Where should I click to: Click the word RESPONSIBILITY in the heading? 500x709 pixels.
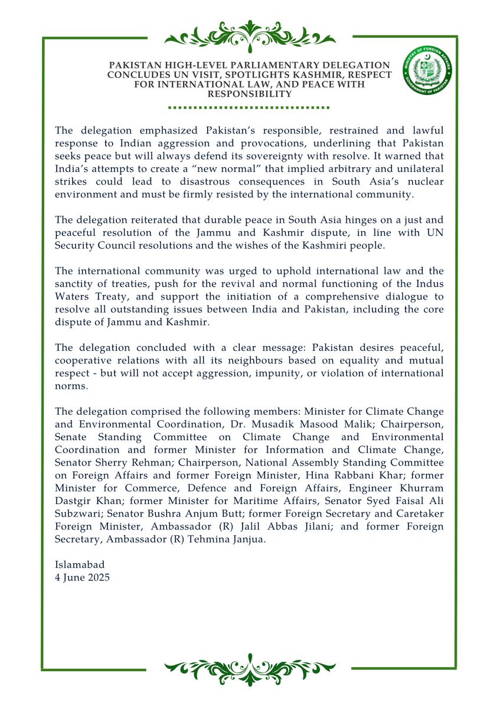[x=250, y=94]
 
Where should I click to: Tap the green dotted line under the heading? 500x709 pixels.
[x=250, y=108]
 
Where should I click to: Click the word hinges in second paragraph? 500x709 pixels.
[x=298, y=220]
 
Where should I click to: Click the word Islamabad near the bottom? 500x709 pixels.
[x=79, y=565]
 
